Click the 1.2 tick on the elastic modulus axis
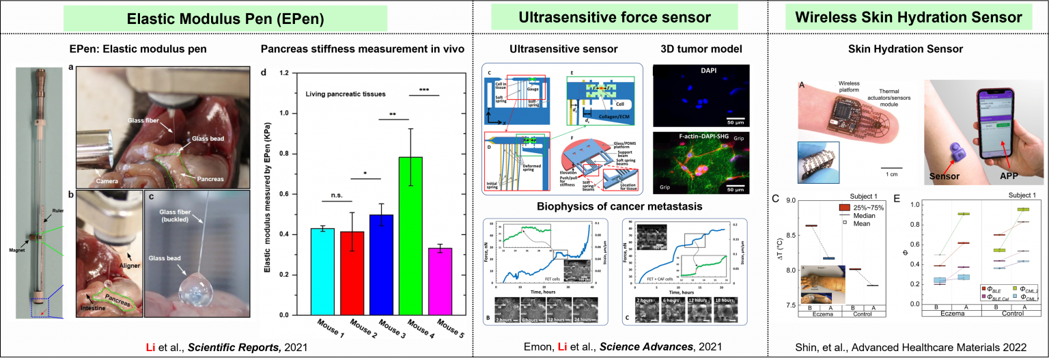click(x=277, y=72)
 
